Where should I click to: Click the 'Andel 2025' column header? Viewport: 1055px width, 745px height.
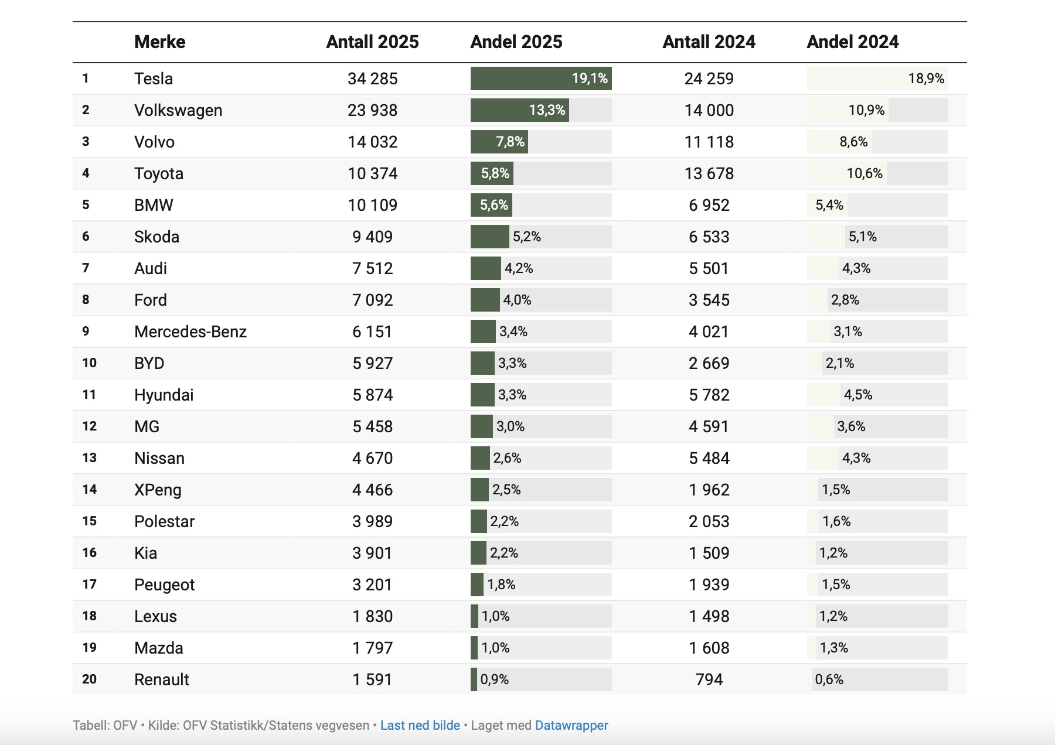click(516, 42)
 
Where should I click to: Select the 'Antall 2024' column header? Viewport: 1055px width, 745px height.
click(709, 42)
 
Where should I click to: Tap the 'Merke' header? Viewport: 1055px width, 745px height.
click(159, 42)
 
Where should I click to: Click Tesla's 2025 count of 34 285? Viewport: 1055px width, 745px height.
click(372, 78)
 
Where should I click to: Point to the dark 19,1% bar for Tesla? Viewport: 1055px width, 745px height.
click(540, 78)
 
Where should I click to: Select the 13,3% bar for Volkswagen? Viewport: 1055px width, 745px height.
click(519, 110)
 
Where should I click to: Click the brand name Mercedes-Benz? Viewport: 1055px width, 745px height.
click(190, 332)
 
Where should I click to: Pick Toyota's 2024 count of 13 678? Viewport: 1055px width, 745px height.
click(709, 173)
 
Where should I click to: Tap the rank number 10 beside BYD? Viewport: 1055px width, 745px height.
click(89, 363)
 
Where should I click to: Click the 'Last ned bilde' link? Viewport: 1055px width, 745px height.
click(420, 725)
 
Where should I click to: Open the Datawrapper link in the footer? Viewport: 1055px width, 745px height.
click(571, 725)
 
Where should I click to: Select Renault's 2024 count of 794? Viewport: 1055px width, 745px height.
click(709, 679)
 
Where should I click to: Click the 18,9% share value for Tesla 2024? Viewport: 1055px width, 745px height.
click(926, 78)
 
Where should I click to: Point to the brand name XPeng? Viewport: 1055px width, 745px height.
click(158, 490)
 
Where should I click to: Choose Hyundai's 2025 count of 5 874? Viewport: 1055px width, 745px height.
click(372, 395)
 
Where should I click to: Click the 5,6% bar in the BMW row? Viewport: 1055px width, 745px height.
click(492, 205)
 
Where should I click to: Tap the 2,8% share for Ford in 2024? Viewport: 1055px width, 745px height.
click(845, 300)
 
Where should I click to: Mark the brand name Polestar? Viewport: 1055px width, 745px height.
click(164, 521)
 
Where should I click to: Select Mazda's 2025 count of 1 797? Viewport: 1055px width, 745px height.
click(372, 648)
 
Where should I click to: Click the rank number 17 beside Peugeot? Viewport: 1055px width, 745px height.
click(89, 585)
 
